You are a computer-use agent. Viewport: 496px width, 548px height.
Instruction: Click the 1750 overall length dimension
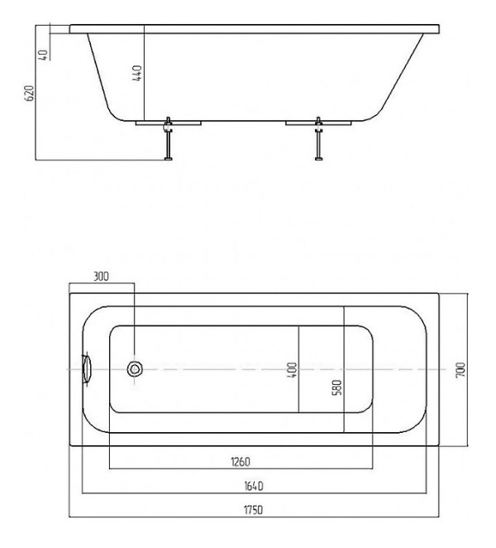tap(253, 510)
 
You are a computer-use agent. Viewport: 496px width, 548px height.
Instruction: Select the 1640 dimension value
tap(254, 486)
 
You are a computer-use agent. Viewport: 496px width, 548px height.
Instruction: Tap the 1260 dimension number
tap(241, 462)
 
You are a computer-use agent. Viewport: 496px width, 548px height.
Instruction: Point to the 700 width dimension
tap(460, 370)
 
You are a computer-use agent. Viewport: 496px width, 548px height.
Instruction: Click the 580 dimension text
tap(336, 387)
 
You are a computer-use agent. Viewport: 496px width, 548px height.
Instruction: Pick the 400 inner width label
tap(293, 370)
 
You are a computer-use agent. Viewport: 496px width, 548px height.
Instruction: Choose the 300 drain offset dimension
tap(101, 276)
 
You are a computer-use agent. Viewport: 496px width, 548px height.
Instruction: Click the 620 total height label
tap(29, 94)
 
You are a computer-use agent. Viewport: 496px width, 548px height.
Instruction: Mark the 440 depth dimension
tap(137, 73)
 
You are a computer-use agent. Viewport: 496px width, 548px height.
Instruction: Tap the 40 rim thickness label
tap(43, 55)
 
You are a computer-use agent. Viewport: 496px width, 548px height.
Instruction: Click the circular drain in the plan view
tap(135, 369)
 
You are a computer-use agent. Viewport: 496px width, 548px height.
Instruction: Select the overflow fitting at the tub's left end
tap(86, 369)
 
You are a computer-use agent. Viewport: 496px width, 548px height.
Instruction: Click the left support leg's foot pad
tap(169, 159)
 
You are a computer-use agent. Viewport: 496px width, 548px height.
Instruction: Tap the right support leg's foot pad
tap(319, 159)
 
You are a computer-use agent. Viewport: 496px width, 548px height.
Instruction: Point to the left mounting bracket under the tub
tap(169, 123)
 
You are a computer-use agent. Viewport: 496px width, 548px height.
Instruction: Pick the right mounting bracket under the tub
tap(318, 123)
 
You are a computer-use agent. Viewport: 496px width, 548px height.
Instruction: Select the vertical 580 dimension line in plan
tap(344, 369)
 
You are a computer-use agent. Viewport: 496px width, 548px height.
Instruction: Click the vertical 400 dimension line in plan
tap(298, 369)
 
